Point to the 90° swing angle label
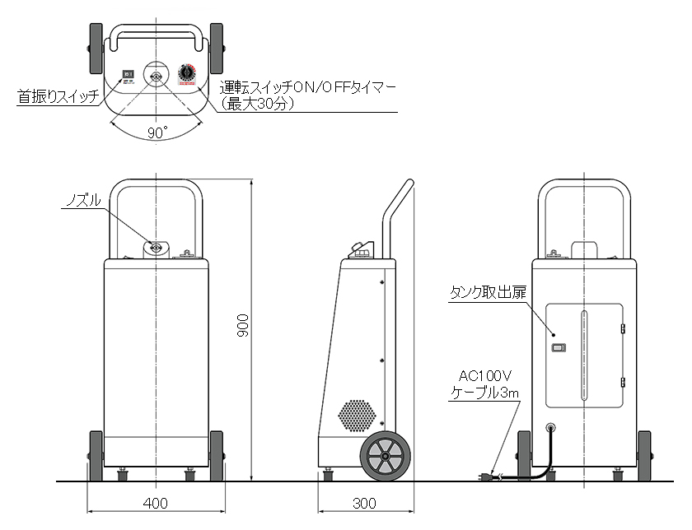pos(157,132)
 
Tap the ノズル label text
pos(82,200)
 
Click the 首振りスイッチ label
pos(58,97)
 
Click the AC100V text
pos(484,377)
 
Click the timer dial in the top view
pos(187,74)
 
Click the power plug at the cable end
pos(488,475)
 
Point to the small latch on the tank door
pos(559,348)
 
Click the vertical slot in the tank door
pos(584,356)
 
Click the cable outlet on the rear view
pos(550,429)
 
